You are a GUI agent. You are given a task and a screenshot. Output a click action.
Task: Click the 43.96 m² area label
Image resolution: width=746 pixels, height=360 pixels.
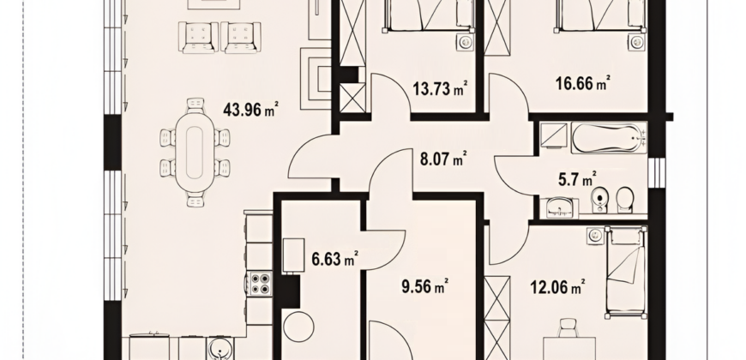(250, 110)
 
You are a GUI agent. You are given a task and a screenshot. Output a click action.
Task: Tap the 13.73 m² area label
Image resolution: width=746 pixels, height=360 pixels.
(440, 88)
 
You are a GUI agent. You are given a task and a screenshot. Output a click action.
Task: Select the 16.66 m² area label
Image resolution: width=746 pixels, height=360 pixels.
(583, 83)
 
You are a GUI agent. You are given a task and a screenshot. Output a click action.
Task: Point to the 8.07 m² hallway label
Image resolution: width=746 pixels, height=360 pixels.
(443, 159)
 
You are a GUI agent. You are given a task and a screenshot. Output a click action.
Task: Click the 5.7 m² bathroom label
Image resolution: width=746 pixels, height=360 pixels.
(577, 179)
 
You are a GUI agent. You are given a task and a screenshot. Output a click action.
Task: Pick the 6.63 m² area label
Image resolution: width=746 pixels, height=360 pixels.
(334, 259)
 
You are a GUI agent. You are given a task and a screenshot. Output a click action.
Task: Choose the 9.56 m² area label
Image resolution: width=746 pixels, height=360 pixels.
(425, 287)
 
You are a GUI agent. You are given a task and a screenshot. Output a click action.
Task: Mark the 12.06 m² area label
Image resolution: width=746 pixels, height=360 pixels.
(557, 287)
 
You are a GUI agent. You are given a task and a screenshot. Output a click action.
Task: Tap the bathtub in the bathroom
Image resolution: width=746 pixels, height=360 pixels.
(609, 137)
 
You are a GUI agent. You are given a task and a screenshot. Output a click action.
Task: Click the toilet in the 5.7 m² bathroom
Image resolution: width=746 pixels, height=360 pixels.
(625, 200)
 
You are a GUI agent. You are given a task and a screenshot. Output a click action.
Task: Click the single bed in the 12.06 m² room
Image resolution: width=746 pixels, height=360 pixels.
(626, 272)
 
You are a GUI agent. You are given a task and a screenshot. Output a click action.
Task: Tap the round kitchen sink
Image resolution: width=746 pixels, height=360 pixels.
(220, 350)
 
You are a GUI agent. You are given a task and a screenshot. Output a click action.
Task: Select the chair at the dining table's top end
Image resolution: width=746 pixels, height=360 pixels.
(196, 105)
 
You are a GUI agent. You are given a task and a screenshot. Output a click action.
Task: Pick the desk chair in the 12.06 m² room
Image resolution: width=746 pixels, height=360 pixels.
(568, 327)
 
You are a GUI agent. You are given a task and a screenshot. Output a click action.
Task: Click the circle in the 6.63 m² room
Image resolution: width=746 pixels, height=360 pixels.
(298, 327)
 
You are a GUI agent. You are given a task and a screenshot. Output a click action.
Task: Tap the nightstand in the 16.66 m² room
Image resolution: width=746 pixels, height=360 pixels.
(636, 42)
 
